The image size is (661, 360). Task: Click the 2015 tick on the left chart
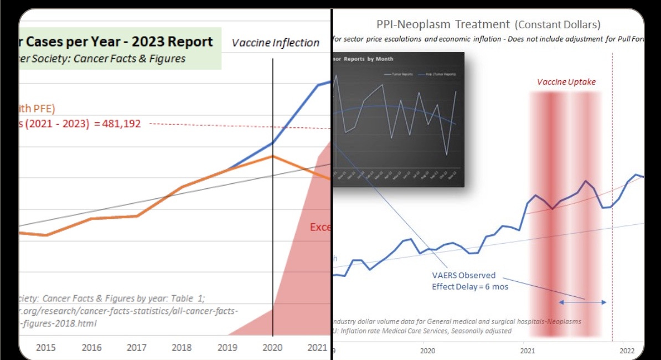45,347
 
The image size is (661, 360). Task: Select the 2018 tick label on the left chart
181,347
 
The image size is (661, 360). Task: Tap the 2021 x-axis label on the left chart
317,347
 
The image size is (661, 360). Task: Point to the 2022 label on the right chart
627,350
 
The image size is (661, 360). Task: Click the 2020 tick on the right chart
427,350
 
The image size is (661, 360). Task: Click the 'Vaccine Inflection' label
276,43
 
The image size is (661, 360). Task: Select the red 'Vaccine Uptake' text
566,82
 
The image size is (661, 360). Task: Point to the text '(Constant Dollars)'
557,24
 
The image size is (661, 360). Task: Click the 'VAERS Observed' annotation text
464,275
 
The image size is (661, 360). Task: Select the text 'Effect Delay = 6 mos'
470,286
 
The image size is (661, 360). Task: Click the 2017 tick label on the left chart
136,347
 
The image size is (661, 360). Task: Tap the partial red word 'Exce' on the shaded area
320,227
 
